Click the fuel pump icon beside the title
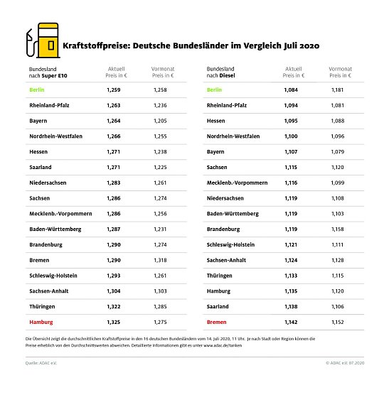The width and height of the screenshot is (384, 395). (40, 42)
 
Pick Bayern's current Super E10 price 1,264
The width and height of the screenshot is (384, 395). (114, 121)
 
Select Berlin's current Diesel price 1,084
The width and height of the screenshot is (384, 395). (292, 90)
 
